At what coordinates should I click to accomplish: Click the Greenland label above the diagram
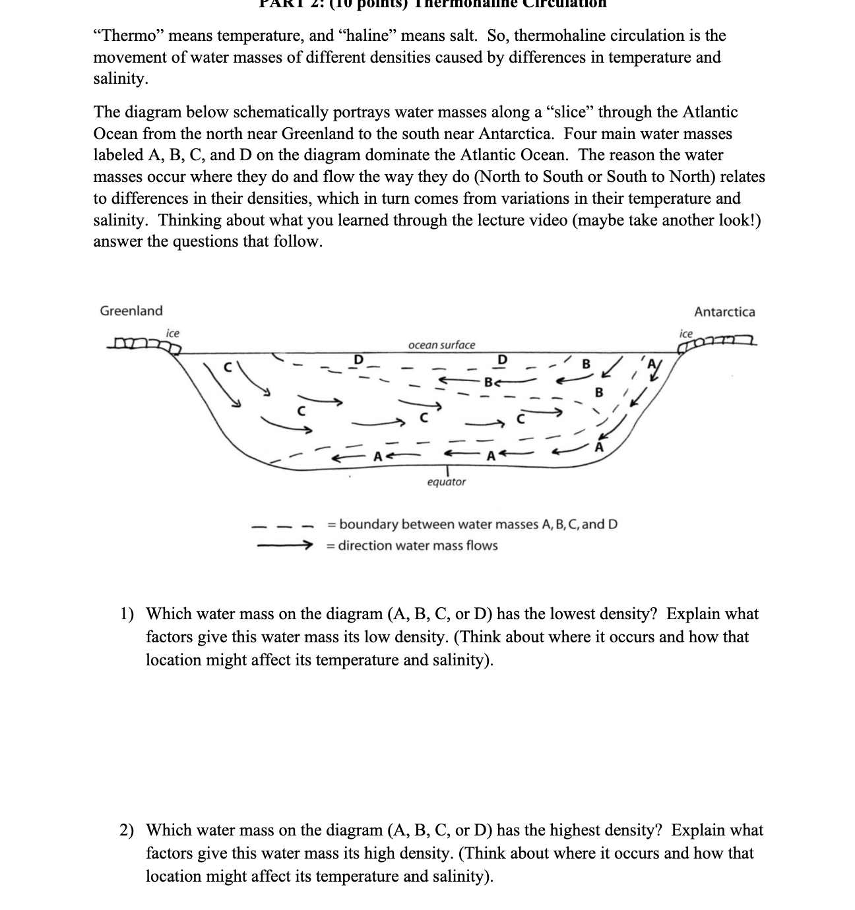pos(131,311)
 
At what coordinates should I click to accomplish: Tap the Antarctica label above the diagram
pos(724,312)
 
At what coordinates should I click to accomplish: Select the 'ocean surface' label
pos(441,345)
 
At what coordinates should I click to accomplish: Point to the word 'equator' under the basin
pos(446,482)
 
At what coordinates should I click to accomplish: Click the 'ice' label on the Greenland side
pos(172,333)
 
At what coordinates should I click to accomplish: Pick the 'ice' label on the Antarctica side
pos(687,334)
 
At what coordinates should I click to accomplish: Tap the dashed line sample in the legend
pos(280,526)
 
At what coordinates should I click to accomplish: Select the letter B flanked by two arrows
pos(488,381)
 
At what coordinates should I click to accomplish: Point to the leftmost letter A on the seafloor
pos(377,456)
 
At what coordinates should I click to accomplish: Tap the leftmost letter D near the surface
pos(359,359)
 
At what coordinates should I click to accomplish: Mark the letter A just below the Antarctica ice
pos(652,364)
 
